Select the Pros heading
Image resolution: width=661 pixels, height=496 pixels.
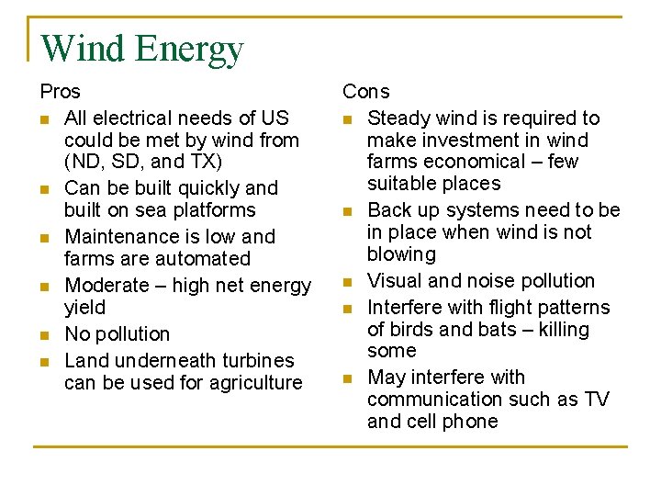[60, 92]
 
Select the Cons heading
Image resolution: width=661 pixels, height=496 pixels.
[365, 92]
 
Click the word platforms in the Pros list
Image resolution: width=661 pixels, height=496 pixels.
[213, 209]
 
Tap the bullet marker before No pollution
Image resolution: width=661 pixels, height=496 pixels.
[44, 335]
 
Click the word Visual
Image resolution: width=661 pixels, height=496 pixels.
[394, 280]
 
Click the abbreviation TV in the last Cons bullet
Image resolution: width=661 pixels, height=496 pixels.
[597, 400]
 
